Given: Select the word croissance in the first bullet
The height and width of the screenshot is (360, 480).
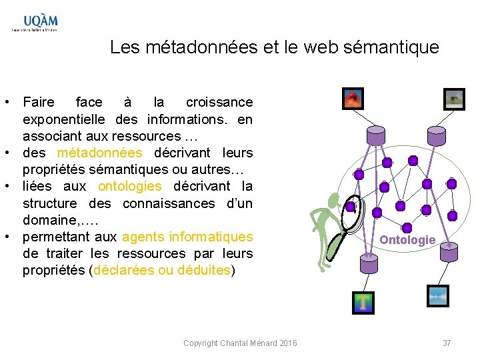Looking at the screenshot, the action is point(219,102).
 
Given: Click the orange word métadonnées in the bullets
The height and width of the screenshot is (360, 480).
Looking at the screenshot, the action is point(100,153).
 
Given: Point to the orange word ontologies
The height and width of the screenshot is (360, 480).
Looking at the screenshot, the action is point(129,186).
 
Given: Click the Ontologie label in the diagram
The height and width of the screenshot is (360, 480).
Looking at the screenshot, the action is point(407,239).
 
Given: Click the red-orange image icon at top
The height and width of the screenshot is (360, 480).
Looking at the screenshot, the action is point(353,99).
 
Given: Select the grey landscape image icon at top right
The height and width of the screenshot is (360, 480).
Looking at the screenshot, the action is point(454,99).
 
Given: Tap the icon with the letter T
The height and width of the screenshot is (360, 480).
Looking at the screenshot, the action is point(363,303).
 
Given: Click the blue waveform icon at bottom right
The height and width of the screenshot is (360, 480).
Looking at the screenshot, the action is point(437,296).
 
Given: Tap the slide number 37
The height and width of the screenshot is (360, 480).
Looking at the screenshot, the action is point(447,343).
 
